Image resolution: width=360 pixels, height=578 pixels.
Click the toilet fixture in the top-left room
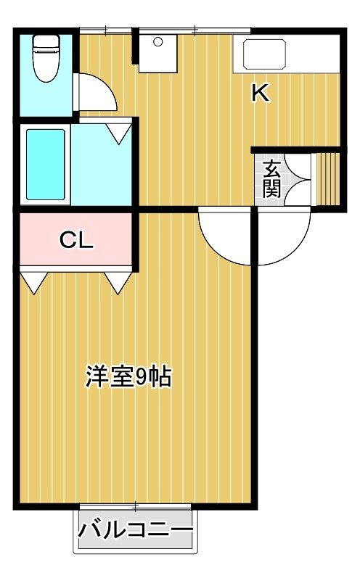pyautogui.click(x=46, y=58)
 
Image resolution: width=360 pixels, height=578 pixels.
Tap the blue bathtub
pyautogui.click(x=46, y=165)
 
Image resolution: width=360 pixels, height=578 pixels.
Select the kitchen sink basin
pyautogui.click(x=264, y=54)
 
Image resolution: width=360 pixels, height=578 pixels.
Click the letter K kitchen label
pyautogui.click(x=260, y=92)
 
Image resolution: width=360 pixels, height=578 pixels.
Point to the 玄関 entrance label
pyautogui.click(x=271, y=179)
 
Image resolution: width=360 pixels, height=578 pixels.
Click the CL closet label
pyautogui.click(x=76, y=240)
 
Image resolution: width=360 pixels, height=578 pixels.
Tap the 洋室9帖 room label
pyautogui.click(x=128, y=376)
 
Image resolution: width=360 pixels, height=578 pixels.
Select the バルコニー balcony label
pyautogui.click(x=136, y=531)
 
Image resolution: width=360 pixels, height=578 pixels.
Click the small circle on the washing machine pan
pyautogui.click(x=158, y=42)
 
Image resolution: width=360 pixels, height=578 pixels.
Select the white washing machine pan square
pyautogui.click(x=158, y=54)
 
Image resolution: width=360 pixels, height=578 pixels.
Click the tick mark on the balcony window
pyautogui.click(x=136, y=507)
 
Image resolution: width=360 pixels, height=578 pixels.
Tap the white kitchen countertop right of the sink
pyautogui.click(x=314, y=54)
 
